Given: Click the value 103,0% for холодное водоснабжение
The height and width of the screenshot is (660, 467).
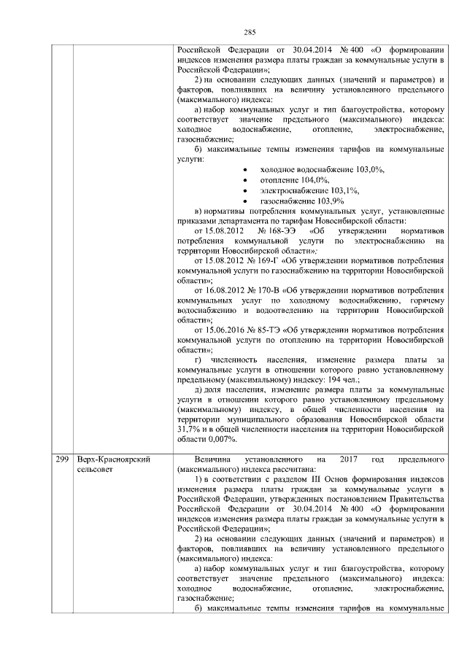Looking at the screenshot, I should pyautogui.click(x=368, y=168).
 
